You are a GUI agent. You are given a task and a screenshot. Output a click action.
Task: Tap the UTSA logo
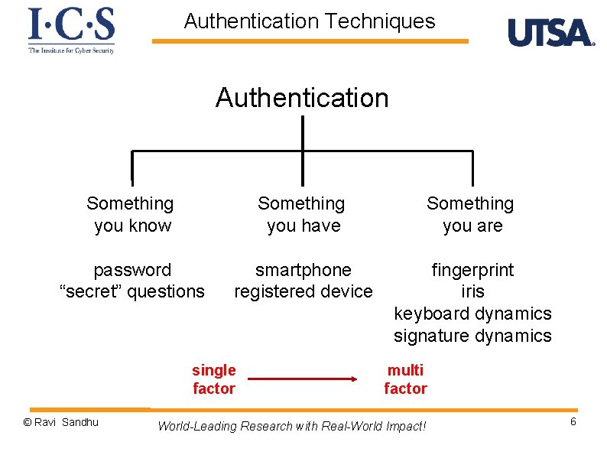pyautogui.click(x=550, y=33)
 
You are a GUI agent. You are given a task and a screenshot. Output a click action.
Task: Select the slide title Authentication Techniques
pyautogui.click(x=310, y=21)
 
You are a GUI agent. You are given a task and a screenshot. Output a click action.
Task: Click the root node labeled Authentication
pyautogui.click(x=302, y=98)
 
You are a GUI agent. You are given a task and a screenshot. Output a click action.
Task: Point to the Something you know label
pyautogui.click(x=131, y=214)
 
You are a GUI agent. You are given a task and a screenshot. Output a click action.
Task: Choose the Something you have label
pyautogui.click(x=302, y=214)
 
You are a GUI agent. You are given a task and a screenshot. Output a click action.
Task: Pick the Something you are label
pyautogui.click(x=471, y=214)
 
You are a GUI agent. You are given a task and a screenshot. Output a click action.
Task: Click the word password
pyautogui.click(x=132, y=270)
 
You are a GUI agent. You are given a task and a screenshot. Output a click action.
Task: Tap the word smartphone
pyautogui.click(x=303, y=270)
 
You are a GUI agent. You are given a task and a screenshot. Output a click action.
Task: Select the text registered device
pyautogui.click(x=303, y=291)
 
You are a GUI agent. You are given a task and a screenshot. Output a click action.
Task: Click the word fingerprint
pyautogui.click(x=472, y=270)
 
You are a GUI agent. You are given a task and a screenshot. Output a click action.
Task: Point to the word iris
pyautogui.click(x=472, y=291)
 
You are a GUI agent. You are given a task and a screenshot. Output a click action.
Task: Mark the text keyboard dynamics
pyautogui.click(x=472, y=314)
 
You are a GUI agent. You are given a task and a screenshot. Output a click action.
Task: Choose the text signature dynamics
pyautogui.click(x=472, y=336)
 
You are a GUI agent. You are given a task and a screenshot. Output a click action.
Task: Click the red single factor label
pyautogui.click(x=214, y=379)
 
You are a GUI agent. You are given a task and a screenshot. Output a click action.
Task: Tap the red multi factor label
pyautogui.click(x=405, y=379)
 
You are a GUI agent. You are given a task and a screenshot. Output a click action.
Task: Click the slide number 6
pyautogui.click(x=573, y=423)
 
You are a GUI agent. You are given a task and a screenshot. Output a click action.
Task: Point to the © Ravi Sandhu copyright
pyautogui.click(x=61, y=422)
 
